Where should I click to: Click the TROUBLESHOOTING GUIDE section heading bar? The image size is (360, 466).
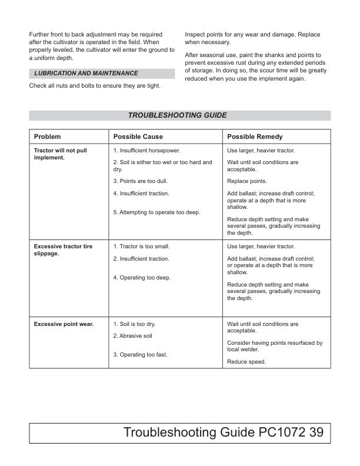(x=179, y=115)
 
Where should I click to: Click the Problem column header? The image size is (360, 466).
(x=47, y=137)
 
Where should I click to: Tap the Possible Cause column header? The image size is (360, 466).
(x=138, y=137)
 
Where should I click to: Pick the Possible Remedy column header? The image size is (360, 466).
(x=255, y=137)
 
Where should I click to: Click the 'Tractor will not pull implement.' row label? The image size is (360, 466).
(x=60, y=154)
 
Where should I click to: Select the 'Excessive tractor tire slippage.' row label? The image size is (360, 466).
(x=63, y=250)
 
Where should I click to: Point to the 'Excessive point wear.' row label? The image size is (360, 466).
(x=64, y=324)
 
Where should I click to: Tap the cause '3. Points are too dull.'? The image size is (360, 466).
(x=140, y=181)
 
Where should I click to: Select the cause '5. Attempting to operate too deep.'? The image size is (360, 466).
(x=156, y=212)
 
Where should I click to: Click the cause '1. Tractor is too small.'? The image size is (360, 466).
(x=141, y=247)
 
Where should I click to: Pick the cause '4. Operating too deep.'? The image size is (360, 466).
(x=141, y=278)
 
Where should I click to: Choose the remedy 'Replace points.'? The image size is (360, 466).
(x=246, y=181)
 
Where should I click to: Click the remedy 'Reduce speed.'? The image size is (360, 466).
(x=246, y=362)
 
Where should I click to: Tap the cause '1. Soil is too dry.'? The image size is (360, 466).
(x=134, y=324)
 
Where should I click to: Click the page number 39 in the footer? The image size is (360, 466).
(x=315, y=433)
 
